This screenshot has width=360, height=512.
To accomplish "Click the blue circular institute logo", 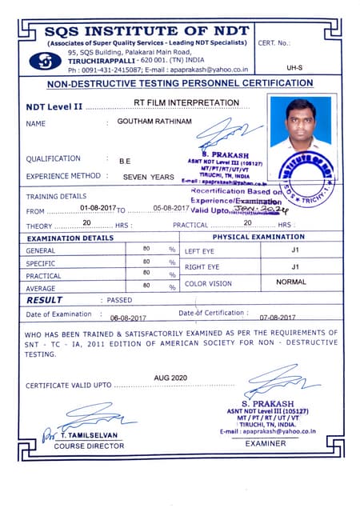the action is pyautogui.click(x=44, y=61).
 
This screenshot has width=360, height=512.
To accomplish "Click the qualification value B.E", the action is pyautogui.click(x=125, y=161).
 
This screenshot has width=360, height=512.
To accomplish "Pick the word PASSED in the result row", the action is pyautogui.click(x=119, y=300).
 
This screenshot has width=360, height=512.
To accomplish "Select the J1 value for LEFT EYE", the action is pyautogui.click(x=295, y=250).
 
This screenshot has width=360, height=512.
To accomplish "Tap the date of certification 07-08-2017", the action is pyautogui.click(x=278, y=318).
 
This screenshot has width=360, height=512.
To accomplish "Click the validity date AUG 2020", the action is pyautogui.click(x=170, y=377).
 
